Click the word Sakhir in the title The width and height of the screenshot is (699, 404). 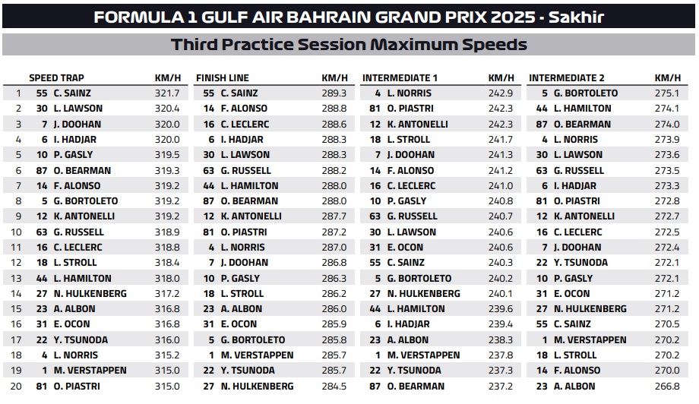[x=576, y=17]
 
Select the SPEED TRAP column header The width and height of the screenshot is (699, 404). [x=57, y=78]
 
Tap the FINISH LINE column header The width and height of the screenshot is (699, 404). [x=223, y=78]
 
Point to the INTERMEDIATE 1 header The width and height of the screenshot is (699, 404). [x=400, y=78]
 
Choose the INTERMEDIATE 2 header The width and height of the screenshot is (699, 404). [x=567, y=78]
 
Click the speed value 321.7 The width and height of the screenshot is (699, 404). [x=167, y=93]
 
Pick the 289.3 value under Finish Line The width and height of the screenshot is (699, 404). [x=334, y=93]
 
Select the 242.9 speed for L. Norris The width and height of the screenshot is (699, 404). [x=501, y=93]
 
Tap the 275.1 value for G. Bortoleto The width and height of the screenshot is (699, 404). [x=667, y=93]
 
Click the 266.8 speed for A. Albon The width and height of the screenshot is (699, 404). [x=667, y=387]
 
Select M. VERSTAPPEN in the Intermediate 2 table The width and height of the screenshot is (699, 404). [x=590, y=340]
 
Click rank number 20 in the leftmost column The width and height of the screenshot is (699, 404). [x=16, y=387]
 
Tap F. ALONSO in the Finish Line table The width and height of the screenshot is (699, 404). [x=245, y=109]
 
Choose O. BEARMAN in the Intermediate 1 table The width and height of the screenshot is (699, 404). [x=416, y=387]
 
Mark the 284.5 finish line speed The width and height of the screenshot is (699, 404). [x=334, y=387]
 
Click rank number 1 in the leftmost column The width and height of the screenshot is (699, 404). [x=18, y=93]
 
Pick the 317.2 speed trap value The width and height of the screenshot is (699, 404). [x=167, y=294]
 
